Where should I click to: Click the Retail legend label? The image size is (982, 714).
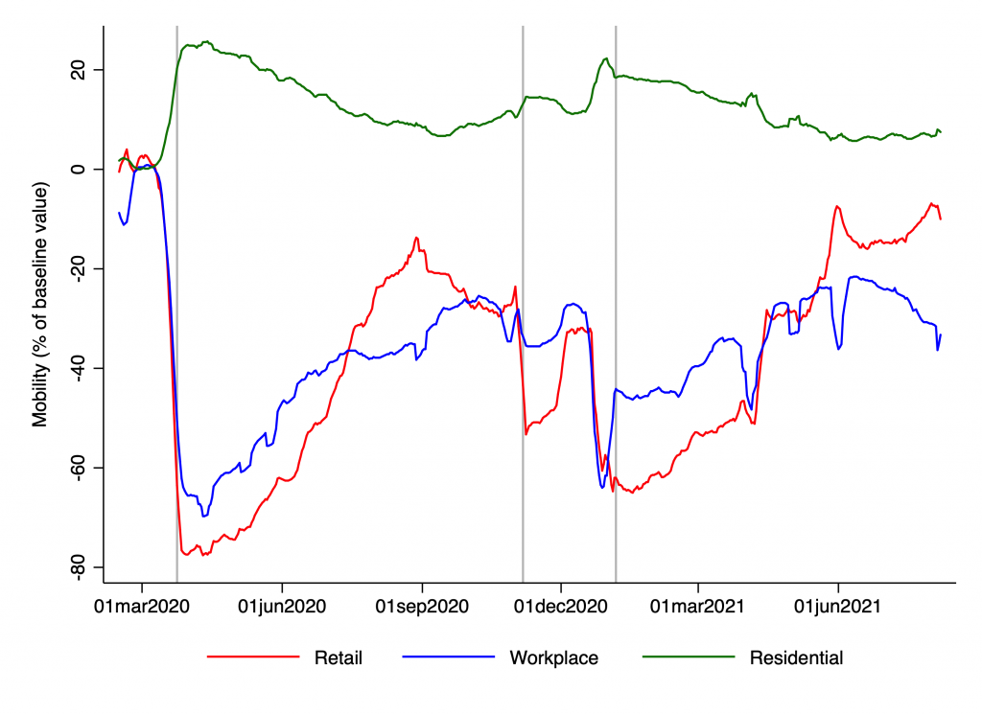[338, 658]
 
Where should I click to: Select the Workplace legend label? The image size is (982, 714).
[553, 658]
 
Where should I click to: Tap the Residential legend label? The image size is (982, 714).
[796, 658]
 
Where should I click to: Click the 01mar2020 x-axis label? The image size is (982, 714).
[142, 606]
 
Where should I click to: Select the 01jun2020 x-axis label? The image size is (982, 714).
[282, 606]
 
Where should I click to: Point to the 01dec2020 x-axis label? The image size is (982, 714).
[561, 606]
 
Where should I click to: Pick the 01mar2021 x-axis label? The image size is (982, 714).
[699, 606]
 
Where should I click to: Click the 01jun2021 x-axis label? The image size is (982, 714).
[839, 606]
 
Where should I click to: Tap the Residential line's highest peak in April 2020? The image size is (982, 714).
[207, 42]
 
